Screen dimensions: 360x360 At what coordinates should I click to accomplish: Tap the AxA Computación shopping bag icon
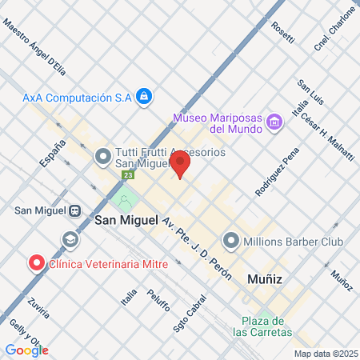point(143,97)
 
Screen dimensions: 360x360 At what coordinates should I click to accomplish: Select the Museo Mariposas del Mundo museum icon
point(275,122)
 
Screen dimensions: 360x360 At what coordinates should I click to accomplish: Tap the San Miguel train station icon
point(74,210)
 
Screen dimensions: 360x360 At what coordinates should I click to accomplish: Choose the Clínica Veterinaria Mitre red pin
point(36,262)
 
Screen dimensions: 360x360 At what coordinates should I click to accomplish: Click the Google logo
point(26,350)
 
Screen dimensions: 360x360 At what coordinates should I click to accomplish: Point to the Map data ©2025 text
point(325,354)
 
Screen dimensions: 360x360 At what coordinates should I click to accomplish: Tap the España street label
point(50,152)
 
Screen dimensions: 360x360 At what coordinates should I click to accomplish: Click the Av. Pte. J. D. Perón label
point(196,248)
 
